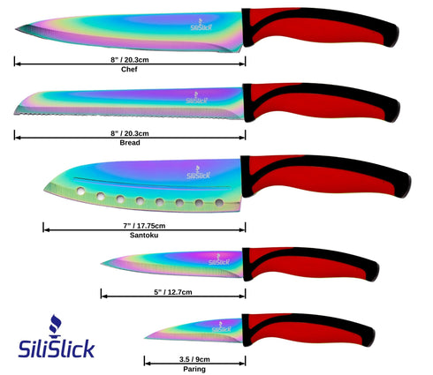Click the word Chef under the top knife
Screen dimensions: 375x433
(130, 70)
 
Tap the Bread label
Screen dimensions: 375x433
(130, 142)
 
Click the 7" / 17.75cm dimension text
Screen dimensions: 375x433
(143, 225)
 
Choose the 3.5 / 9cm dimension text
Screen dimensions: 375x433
(194, 360)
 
